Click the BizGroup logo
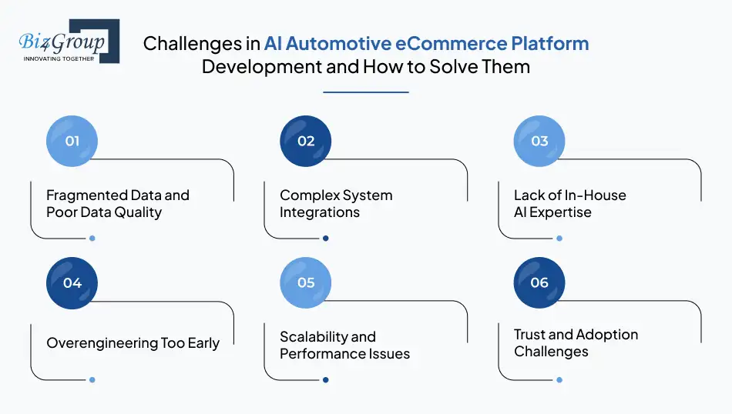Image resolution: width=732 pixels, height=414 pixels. click(68, 42)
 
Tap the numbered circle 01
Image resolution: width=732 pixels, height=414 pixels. click(72, 141)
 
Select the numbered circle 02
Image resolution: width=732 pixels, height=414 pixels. click(306, 141)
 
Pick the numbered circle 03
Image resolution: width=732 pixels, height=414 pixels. click(539, 141)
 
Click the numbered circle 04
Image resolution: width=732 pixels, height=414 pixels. click(72, 282)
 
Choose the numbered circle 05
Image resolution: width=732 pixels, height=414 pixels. click(306, 282)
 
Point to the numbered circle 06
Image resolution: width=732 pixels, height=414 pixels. click(539, 282)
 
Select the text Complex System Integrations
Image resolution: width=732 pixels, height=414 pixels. click(336, 204)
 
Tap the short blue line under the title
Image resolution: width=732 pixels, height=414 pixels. click(365, 92)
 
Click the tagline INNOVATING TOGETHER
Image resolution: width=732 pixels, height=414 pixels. click(59, 58)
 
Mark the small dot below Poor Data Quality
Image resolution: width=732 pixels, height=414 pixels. click(92, 238)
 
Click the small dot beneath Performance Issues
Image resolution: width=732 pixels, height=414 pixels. click(325, 379)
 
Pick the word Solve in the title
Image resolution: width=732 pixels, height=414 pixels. click(431, 66)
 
